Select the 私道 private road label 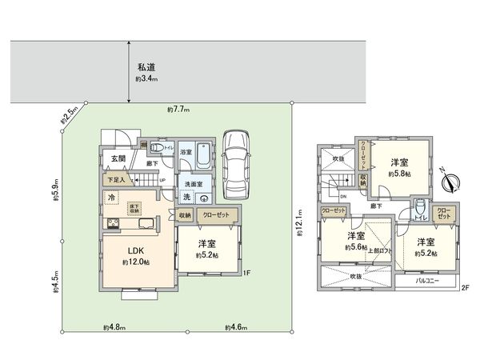point(145,69)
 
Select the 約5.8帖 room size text point(398,174)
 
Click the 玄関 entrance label point(119,159)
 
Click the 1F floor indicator point(247,274)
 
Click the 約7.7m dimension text point(177,109)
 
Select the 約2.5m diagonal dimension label point(69,115)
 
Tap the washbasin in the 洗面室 point(203,199)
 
